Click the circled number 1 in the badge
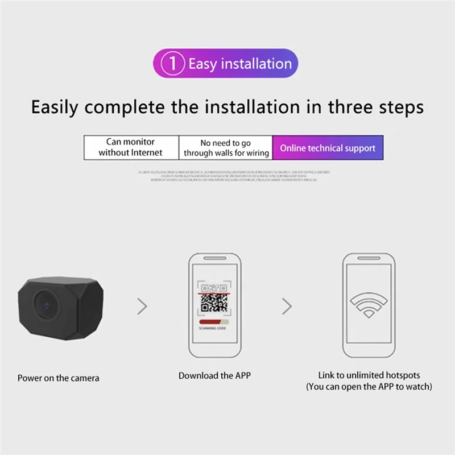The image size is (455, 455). click(x=172, y=63)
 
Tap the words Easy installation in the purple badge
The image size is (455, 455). click(x=239, y=63)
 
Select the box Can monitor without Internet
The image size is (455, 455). click(x=131, y=147)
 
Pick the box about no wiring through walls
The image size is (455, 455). click(x=226, y=147)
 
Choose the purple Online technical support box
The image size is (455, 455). click(x=327, y=147)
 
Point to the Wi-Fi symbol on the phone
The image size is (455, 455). click(x=368, y=305)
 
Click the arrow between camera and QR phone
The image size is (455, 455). click(x=142, y=306)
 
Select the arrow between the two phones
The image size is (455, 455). click(x=287, y=306)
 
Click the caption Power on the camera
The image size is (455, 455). click(x=58, y=378)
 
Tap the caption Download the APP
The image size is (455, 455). click(x=214, y=375)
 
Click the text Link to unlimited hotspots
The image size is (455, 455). click(x=369, y=375)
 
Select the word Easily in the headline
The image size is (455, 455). click(x=56, y=107)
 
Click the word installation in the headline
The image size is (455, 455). click(x=245, y=106)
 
